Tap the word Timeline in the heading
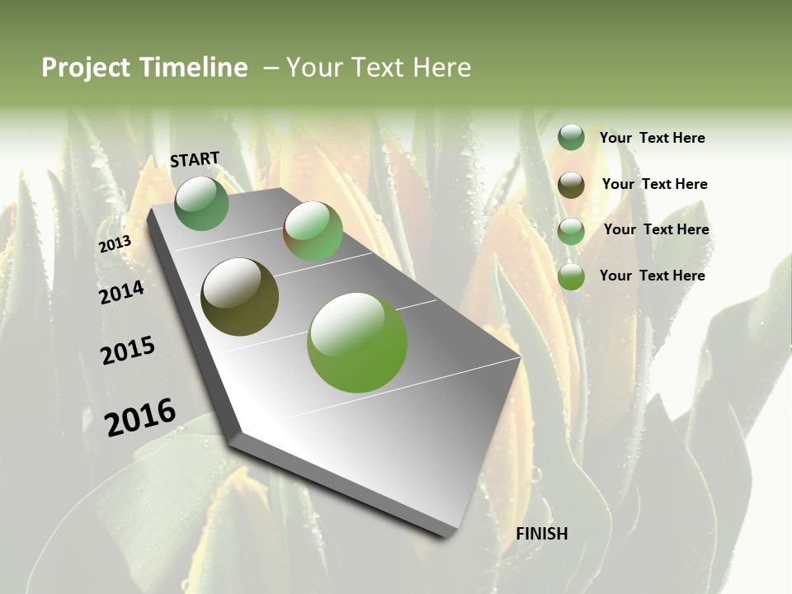tap(195, 68)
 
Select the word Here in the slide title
tap(441, 68)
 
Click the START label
tap(195, 159)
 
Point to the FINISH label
tap(541, 534)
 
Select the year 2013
tap(115, 244)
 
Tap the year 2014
tap(121, 293)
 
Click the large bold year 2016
tap(140, 417)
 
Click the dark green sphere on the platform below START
tap(202, 203)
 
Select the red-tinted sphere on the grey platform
tap(313, 231)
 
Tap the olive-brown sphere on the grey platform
tap(240, 297)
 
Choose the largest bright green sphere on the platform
tap(357, 342)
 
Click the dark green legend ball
tap(571, 138)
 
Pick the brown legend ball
tap(571, 185)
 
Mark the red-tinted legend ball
tap(571, 231)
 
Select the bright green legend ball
tap(571, 276)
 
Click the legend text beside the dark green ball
tap(652, 138)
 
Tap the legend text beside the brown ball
tap(654, 184)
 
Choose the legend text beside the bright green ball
tap(652, 276)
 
